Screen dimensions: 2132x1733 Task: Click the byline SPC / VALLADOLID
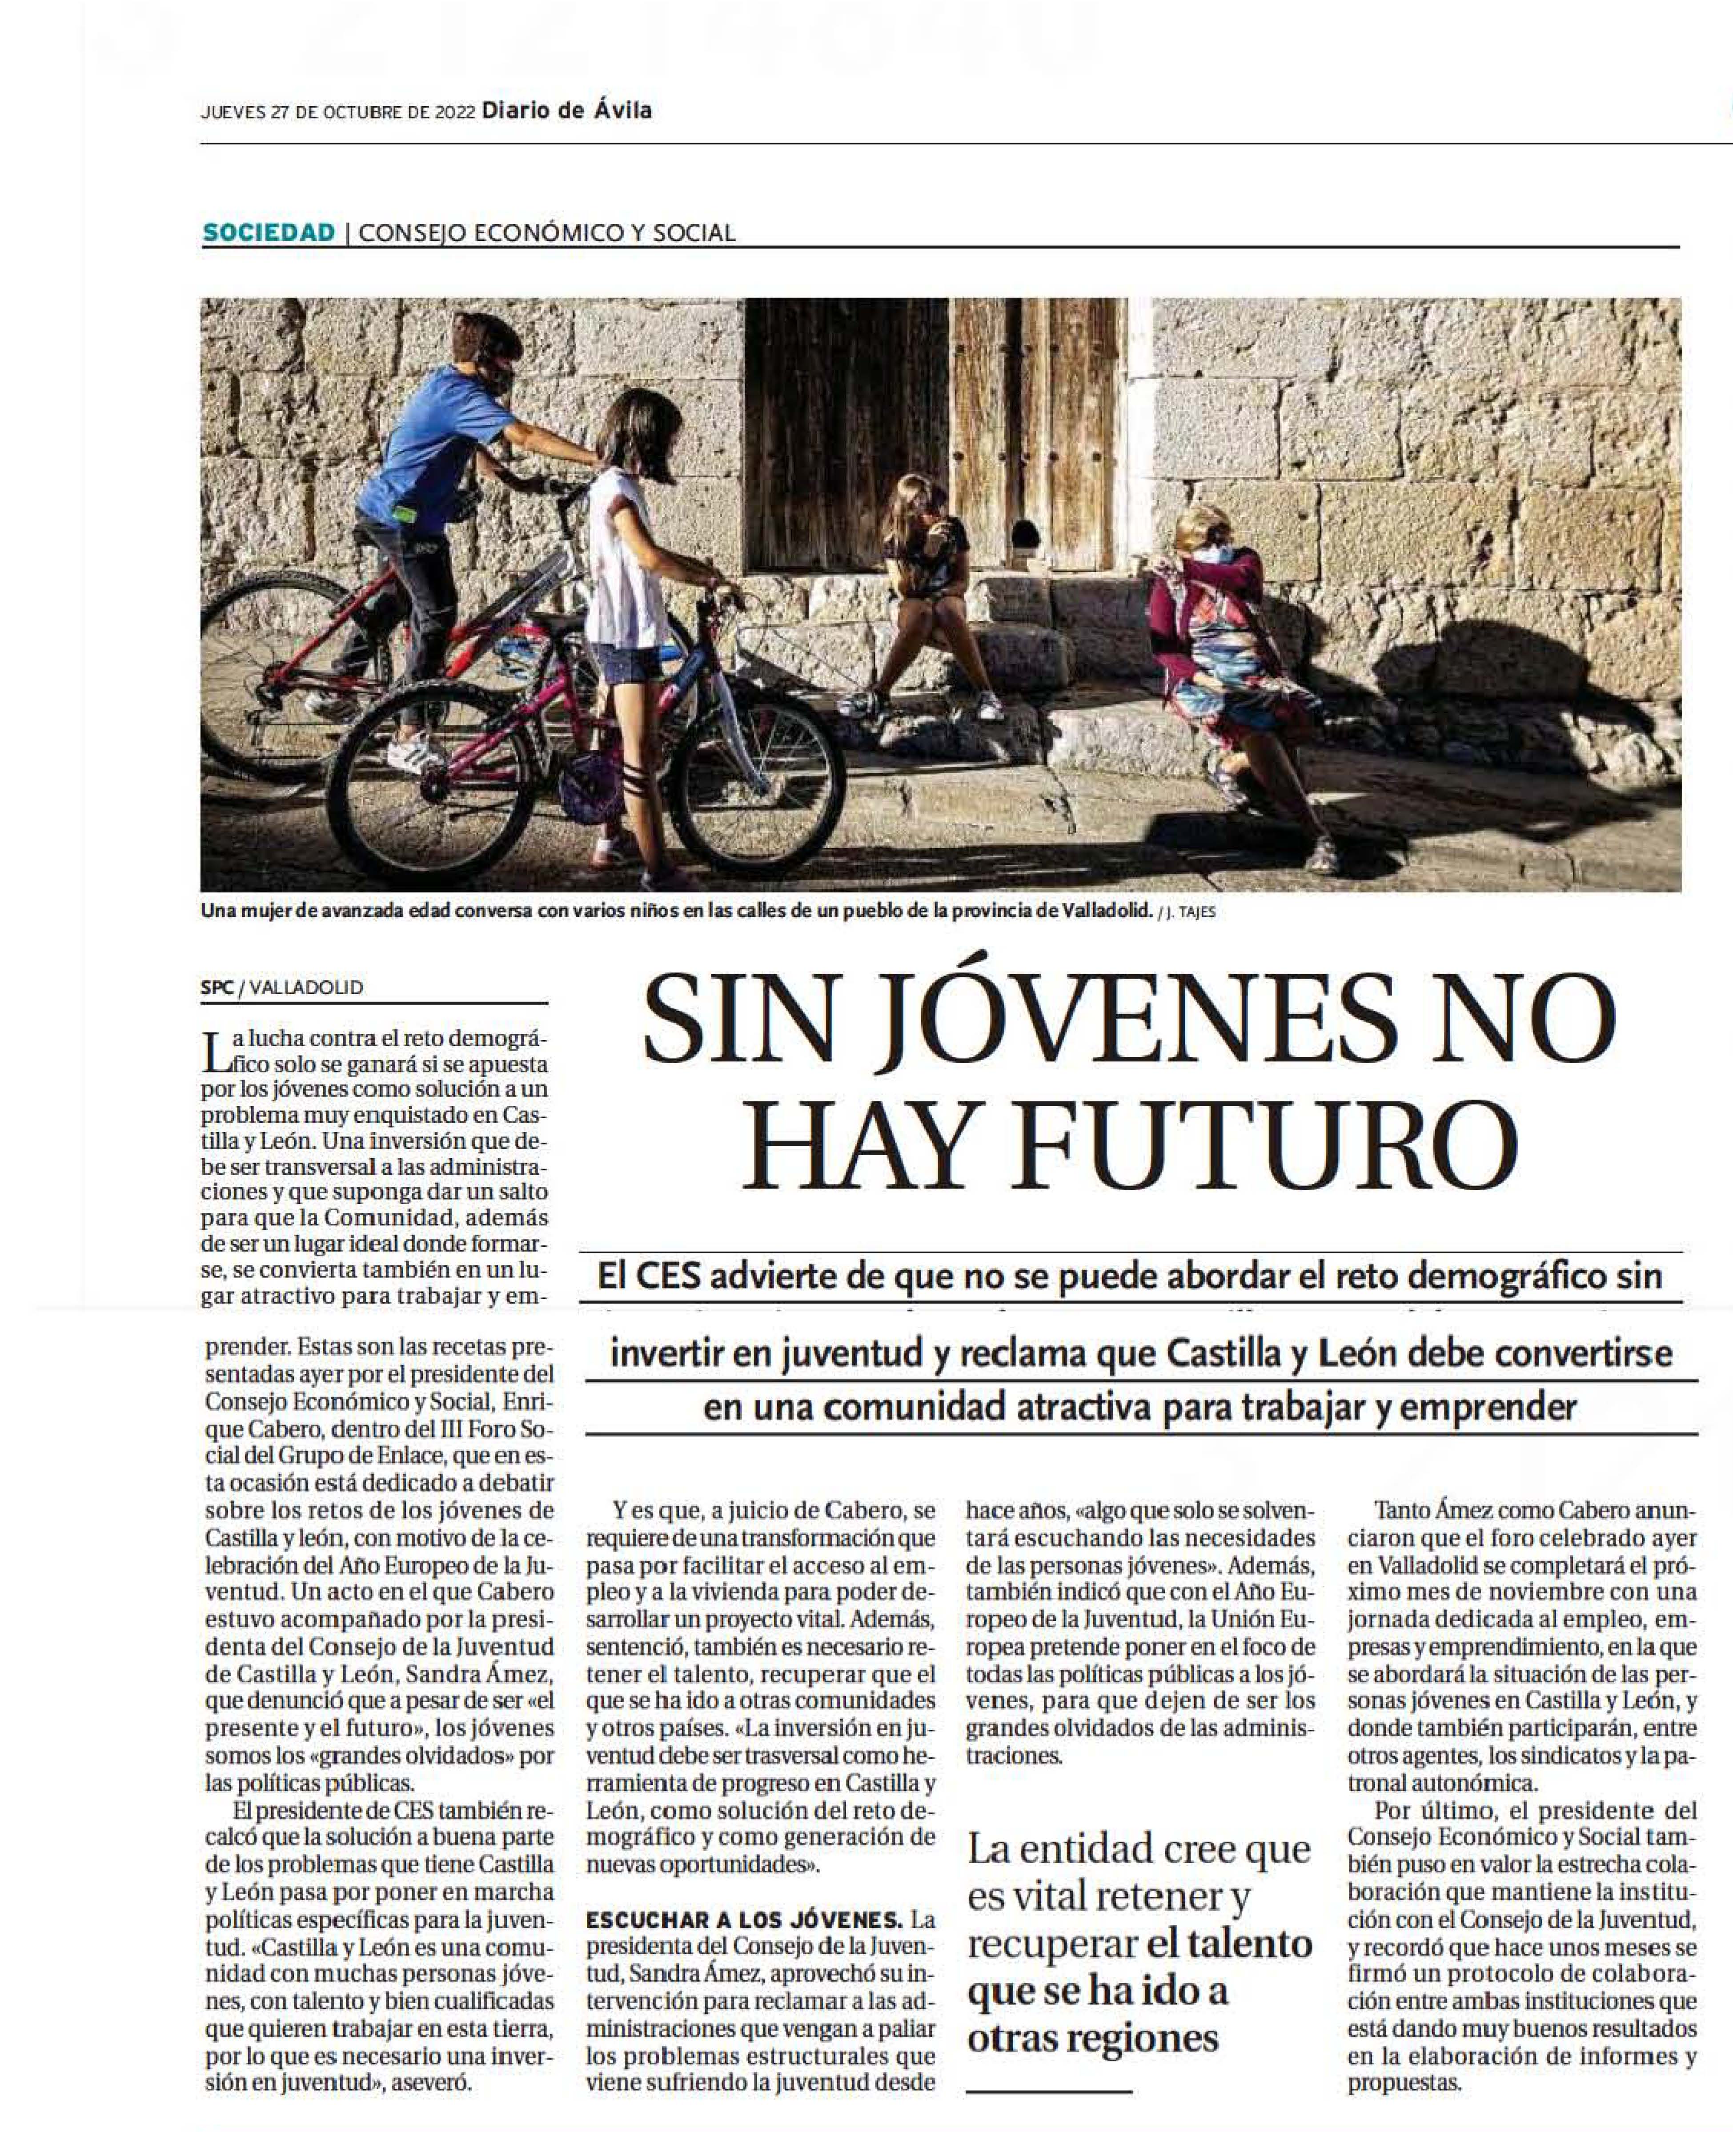281,987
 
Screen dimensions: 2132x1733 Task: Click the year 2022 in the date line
454,112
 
